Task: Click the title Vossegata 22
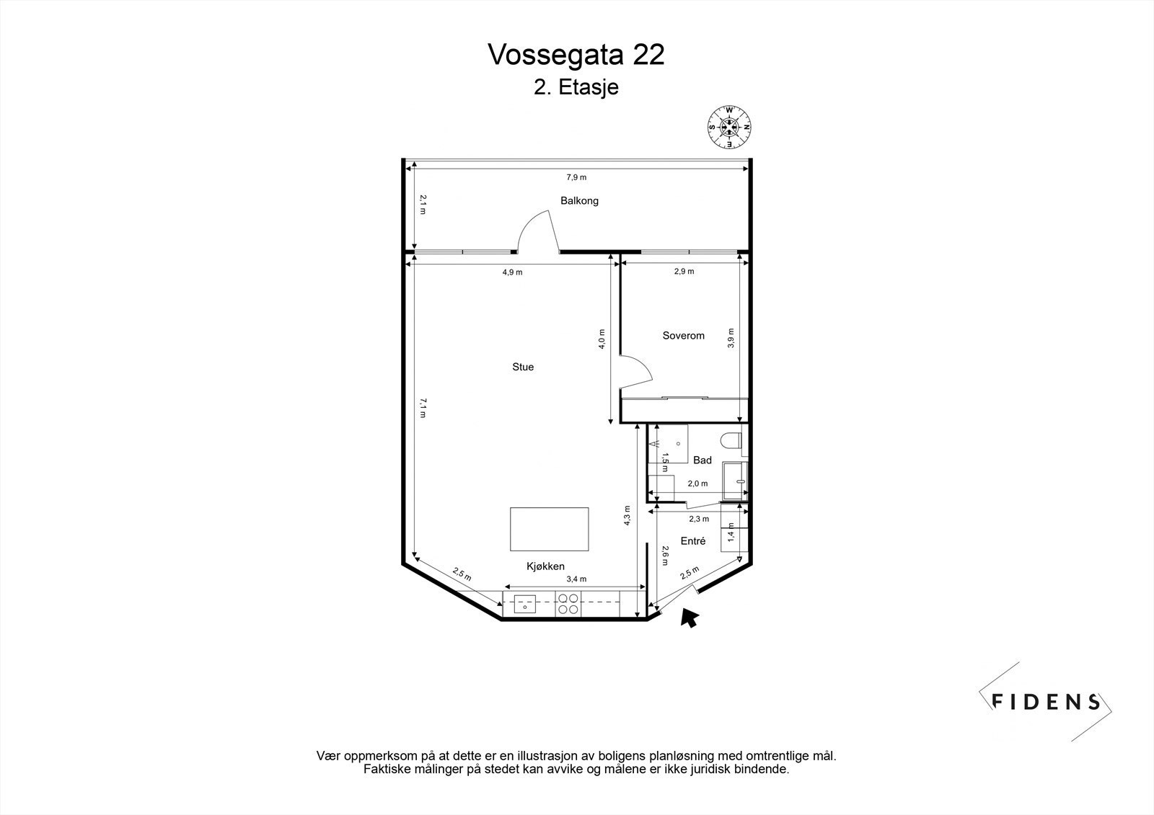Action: click(576, 55)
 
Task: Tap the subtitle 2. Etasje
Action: click(576, 87)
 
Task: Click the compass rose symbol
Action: click(729, 127)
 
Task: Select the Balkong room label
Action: click(580, 201)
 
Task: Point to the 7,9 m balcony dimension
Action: click(576, 177)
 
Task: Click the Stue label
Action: click(523, 367)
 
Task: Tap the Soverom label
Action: click(683, 336)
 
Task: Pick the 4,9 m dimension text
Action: click(513, 272)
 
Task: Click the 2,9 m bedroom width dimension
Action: click(684, 272)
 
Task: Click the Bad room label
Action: click(702, 460)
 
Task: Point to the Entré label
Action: click(693, 541)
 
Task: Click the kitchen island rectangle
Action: click(549, 529)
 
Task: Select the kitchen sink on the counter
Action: click(524, 604)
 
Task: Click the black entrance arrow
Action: click(689, 618)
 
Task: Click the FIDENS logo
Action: click(1045, 702)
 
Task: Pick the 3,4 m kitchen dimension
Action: click(576, 579)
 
